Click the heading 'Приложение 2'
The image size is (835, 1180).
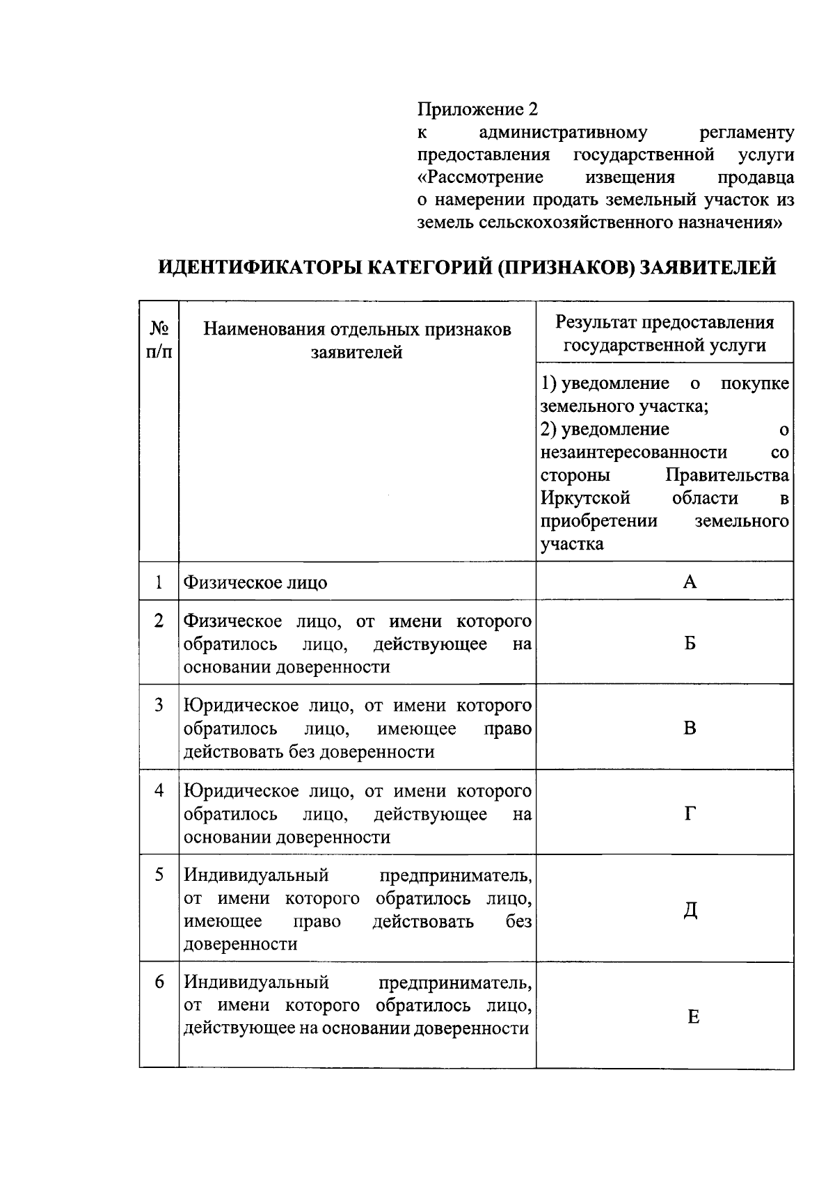coord(477,109)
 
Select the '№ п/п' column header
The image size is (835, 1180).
coord(159,340)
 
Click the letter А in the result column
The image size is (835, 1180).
coord(690,582)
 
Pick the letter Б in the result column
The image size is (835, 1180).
coord(690,643)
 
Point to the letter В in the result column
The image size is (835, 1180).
coord(690,728)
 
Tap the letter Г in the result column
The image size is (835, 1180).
coord(690,813)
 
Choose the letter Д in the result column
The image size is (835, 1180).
coord(690,910)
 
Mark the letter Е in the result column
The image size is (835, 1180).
coord(693,1017)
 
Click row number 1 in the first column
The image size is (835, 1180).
coord(159,582)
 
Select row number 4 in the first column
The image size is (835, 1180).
coord(159,791)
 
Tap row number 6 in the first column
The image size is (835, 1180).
coord(159,982)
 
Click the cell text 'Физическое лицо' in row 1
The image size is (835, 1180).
coord(255,582)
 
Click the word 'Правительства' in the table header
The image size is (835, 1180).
coord(727,475)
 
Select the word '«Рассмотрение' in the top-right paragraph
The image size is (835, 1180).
coord(480,177)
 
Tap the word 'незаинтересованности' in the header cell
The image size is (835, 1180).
coord(634,452)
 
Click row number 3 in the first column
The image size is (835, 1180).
coord(159,705)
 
